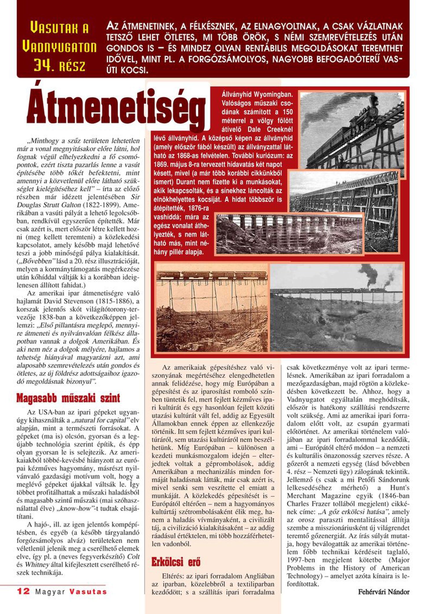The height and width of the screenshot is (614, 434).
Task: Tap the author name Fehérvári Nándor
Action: [384, 592]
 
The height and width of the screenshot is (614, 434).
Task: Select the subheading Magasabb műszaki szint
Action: [68, 398]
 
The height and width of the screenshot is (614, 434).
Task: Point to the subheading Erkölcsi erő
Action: [176, 562]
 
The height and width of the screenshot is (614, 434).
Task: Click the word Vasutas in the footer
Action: [88, 592]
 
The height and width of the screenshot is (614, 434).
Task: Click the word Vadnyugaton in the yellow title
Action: [59, 47]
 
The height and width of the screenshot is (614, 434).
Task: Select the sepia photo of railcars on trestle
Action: [212, 307]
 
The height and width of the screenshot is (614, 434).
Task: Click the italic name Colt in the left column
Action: [133, 557]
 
